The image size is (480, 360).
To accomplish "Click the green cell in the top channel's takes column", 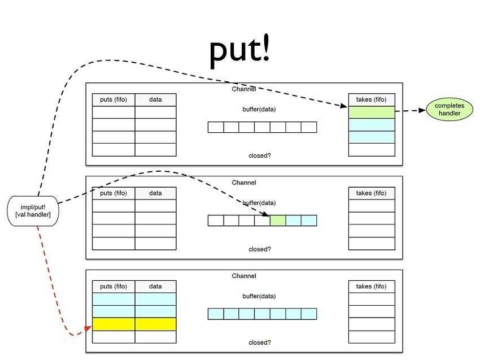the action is (x=371, y=112).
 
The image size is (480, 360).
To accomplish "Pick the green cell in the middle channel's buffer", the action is (x=278, y=220).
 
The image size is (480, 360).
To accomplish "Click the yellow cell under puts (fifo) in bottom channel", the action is (x=114, y=324).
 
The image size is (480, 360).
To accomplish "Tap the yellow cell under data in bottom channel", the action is (x=155, y=324).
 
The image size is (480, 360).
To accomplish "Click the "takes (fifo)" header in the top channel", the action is (x=371, y=99).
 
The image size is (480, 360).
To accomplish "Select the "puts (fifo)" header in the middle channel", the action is (x=114, y=193).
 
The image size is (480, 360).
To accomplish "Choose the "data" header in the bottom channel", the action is (x=155, y=287).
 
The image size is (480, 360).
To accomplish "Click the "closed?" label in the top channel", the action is (x=260, y=155).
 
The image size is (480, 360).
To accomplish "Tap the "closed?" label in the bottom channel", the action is (x=260, y=342).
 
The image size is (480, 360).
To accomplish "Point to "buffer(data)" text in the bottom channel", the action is (x=260, y=296).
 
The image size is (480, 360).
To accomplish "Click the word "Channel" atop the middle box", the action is (x=244, y=183).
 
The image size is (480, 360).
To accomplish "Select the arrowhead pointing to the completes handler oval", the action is (x=422, y=111).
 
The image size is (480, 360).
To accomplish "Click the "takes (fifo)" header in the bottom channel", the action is (x=371, y=287).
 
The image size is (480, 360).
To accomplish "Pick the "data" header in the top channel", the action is (x=155, y=99).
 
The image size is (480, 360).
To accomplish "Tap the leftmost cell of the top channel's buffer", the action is (x=216, y=127).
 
